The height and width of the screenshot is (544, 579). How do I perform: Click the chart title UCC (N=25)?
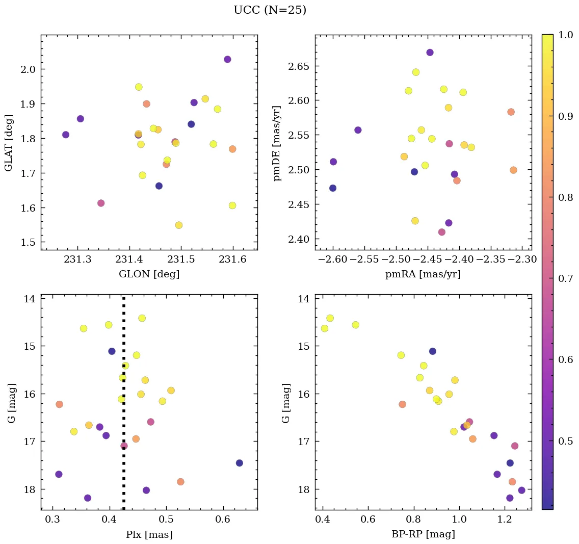point(270,10)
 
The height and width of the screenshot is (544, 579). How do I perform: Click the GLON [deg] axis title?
point(149,274)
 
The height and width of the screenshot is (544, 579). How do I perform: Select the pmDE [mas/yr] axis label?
point(277,142)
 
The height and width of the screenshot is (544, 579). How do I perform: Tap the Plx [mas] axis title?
point(149,534)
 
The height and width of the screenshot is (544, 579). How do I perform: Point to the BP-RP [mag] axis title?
point(423,534)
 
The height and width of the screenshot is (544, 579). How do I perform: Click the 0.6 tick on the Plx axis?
point(223,520)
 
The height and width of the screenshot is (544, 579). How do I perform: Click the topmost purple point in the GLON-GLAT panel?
point(227,59)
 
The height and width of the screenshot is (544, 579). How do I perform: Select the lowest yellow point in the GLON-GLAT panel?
point(178,225)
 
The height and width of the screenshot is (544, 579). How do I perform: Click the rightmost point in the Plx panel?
point(239,463)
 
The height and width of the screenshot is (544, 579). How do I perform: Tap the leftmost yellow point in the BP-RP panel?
point(324,328)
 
